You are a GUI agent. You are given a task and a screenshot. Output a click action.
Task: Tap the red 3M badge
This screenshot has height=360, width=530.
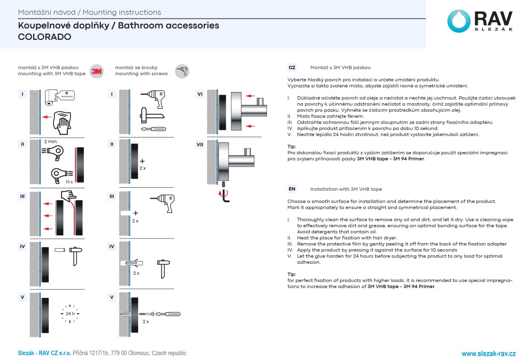point(96,71)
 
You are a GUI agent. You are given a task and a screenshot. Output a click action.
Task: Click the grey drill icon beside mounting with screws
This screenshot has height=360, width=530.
point(182,71)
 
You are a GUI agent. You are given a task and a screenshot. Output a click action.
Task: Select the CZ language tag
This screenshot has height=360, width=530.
point(292,68)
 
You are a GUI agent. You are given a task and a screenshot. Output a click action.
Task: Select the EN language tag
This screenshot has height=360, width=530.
point(292,189)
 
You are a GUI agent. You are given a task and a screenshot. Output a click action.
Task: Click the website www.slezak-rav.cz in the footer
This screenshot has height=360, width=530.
point(489,353)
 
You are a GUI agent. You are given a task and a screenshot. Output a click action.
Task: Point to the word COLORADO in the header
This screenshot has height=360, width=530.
point(45,37)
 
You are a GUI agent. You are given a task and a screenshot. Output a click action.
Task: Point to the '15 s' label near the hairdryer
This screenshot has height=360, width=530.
point(69,182)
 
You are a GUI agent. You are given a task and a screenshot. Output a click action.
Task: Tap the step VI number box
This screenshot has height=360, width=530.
point(200,94)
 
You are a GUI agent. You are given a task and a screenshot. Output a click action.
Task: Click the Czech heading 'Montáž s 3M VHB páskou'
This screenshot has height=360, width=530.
point(340,68)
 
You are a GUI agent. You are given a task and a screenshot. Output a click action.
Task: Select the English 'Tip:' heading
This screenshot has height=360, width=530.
point(292,274)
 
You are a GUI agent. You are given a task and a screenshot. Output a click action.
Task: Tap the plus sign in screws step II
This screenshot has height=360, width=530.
point(143,161)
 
